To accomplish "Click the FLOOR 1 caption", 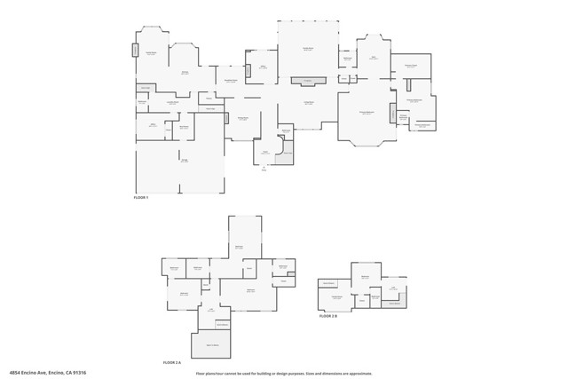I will [x=141, y=197].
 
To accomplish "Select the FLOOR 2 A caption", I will [x=171, y=362].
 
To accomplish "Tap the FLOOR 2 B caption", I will [x=327, y=315].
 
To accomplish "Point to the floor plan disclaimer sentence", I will [x=284, y=373].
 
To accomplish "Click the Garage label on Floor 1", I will [x=184, y=161].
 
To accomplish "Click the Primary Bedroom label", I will [x=366, y=113].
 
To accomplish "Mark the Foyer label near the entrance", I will [x=264, y=153].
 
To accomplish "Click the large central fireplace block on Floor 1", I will [x=308, y=82].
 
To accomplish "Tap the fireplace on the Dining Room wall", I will [x=226, y=118].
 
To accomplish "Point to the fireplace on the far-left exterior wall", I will [x=135, y=51].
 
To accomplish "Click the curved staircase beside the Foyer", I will [x=286, y=155].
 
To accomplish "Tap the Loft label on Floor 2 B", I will [x=392, y=288].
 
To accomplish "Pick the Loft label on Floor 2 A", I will [x=210, y=310].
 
